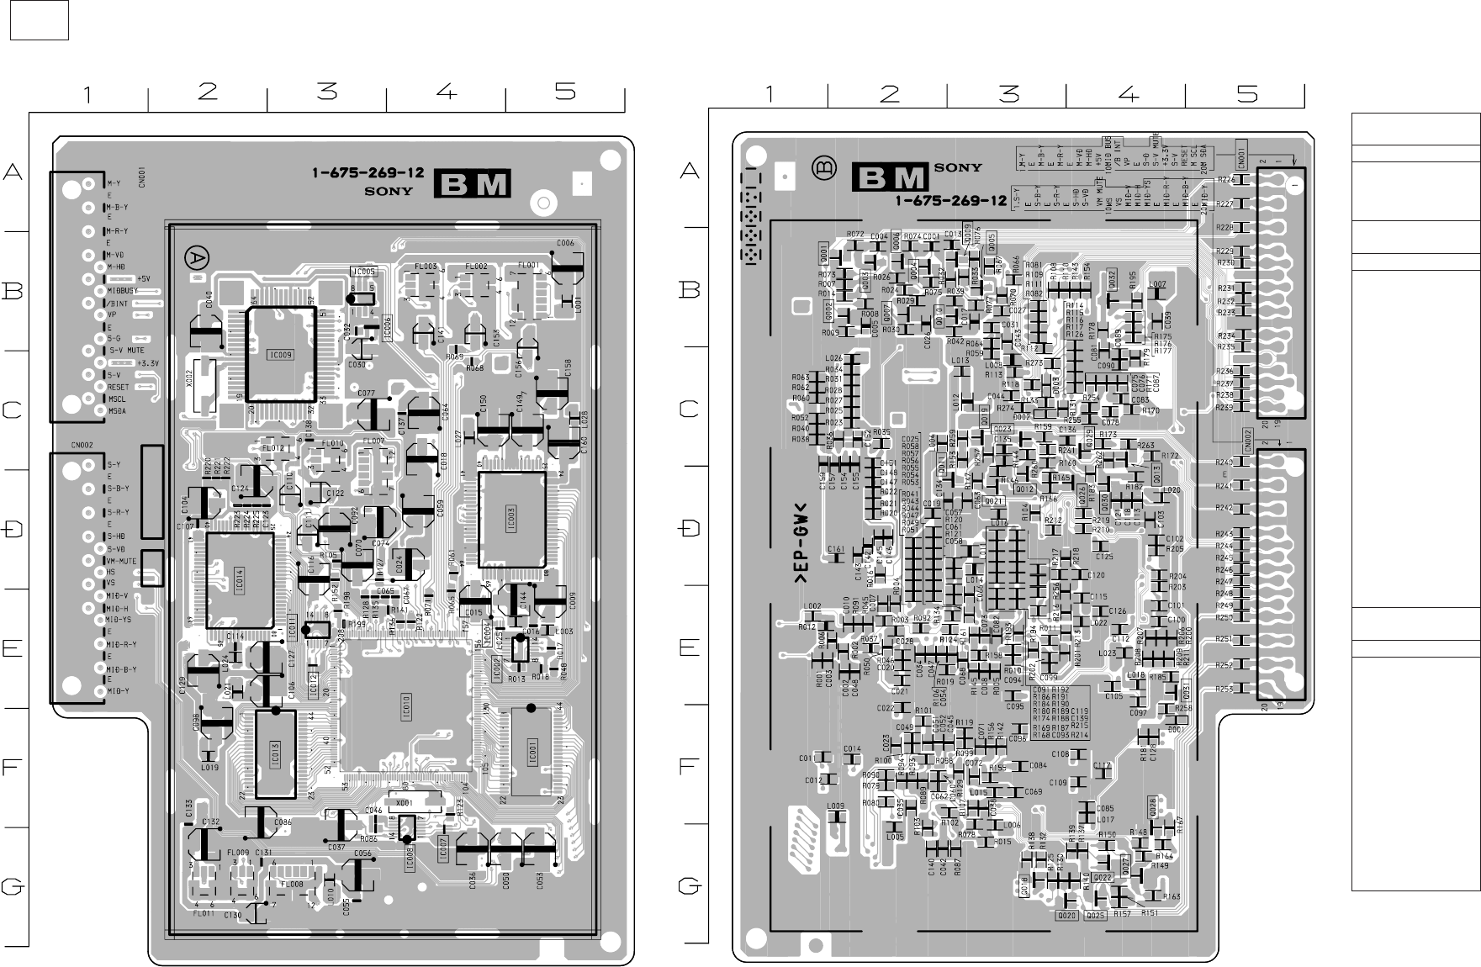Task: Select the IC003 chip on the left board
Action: tap(511, 519)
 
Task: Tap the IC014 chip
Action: tap(240, 579)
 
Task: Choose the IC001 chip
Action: tap(532, 751)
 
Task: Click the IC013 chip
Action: tap(275, 754)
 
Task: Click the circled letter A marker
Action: tap(197, 257)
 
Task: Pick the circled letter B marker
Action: tap(824, 168)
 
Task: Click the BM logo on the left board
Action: tap(472, 184)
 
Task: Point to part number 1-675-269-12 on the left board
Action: tap(368, 173)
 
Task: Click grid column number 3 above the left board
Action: tap(327, 92)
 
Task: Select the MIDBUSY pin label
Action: tap(123, 291)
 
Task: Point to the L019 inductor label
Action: tap(209, 767)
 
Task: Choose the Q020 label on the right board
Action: tap(1067, 914)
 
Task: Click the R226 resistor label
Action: tap(1225, 179)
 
